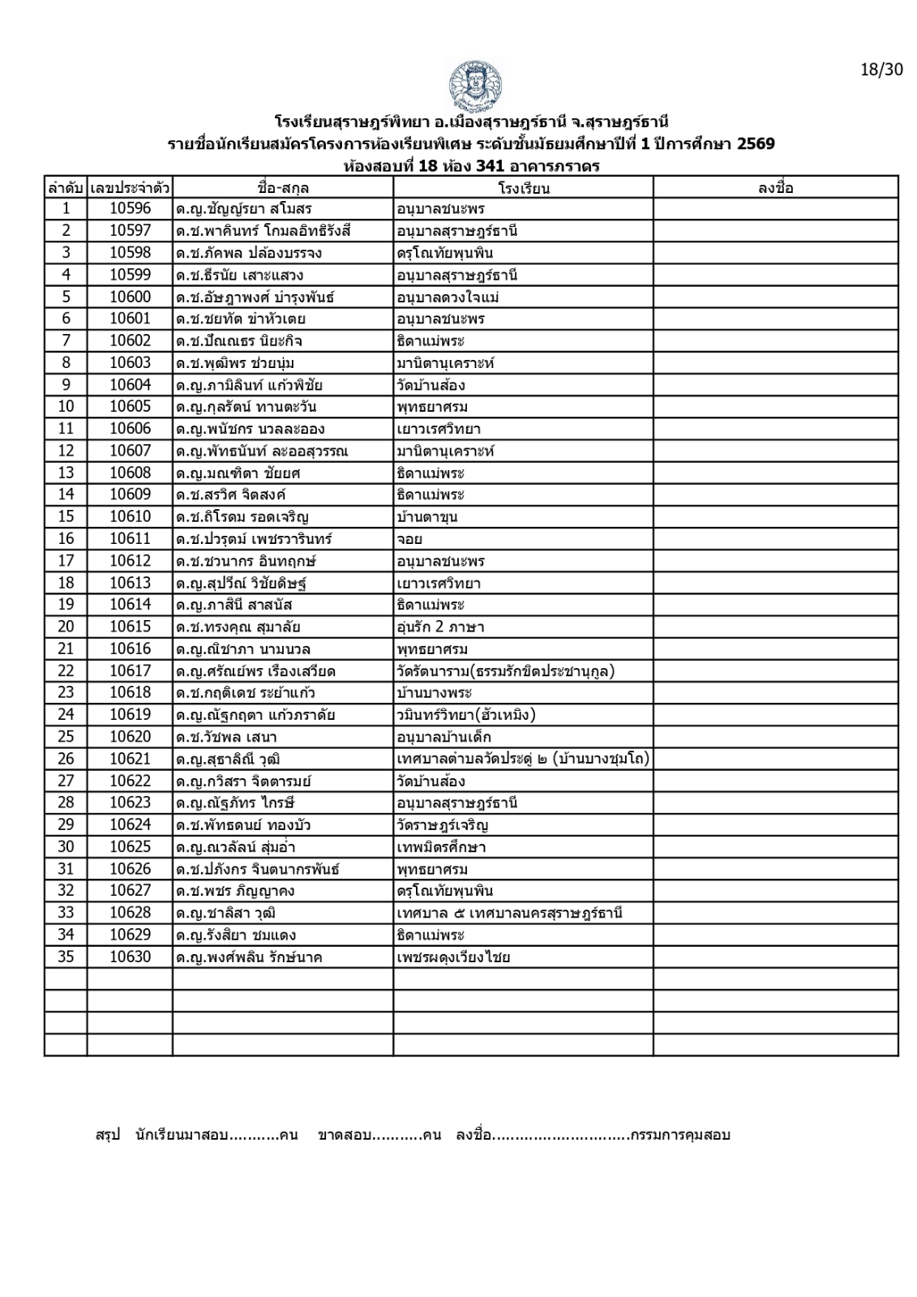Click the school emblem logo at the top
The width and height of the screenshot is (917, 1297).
pyautogui.click(x=474, y=85)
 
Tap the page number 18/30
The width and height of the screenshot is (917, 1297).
pyautogui.click(x=881, y=70)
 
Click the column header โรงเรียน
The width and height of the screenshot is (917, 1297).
pyautogui.click(x=524, y=189)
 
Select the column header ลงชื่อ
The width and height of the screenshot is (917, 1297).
pyautogui.click(x=775, y=189)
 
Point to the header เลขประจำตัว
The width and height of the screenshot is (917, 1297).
pyautogui.click(x=130, y=189)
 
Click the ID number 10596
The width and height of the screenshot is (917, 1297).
pyautogui.click(x=130, y=209)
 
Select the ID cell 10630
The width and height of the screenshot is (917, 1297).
pyautogui.click(x=130, y=957)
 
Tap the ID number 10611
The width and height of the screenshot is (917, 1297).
pyautogui.click(x=130, y=539)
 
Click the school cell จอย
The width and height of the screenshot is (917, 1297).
pyautogui.click(x=409, y=539)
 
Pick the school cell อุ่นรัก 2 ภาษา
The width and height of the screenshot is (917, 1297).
pyautogui.click(x=440, y=627)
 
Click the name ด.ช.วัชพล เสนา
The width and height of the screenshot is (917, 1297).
pyautogui.click(x=226, y=738)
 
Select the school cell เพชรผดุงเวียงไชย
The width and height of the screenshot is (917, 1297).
pyautogui.click(x=453, y=957)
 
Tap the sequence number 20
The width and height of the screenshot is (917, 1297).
pyautogui.click(x=66, y=627)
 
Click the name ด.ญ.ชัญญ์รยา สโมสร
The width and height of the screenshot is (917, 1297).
pyautogui.click(x=243, y=209)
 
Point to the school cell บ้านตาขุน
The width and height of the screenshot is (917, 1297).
pyautogui.click(x=427, y=517)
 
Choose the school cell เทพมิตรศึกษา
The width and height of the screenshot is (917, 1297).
pyautogui.click(x=441, y=848)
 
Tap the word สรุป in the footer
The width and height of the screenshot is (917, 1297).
pyautogui.click(x=108, y=1135)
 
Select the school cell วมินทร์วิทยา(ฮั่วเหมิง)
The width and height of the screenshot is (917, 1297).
pyautogui.click(x=466, y=715)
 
